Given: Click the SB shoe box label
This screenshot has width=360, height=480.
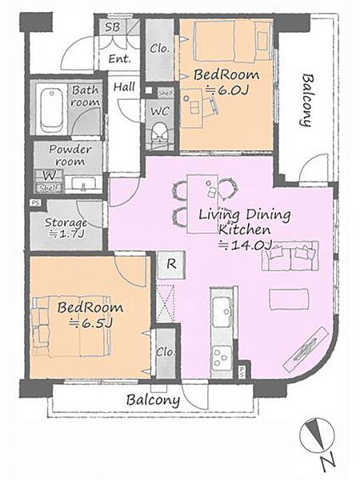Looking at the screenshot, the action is pos(112,27).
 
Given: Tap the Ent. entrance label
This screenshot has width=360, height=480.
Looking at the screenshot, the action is pos(120,58).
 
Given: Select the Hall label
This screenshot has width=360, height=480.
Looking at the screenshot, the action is pos(124,87).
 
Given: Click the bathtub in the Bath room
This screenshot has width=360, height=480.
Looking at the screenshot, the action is pos(51,109).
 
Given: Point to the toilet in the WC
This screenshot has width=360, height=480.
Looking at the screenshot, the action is pos(160,134).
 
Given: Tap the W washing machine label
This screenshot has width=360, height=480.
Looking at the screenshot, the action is pos(49,175).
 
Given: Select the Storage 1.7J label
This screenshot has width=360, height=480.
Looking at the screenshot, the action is pos(66,228).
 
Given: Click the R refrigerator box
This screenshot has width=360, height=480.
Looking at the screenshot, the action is pos(171,265).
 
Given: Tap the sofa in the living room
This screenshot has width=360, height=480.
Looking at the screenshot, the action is pos(290,256).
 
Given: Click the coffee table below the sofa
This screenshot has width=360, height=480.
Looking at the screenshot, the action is pos(288,299).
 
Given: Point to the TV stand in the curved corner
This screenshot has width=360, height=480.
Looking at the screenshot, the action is pos(306,350).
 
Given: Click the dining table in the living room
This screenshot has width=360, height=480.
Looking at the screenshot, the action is pos(202,204).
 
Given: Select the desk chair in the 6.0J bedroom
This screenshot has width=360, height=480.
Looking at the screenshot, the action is pos(211,106).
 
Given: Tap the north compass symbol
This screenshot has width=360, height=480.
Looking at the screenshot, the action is pos(317,436).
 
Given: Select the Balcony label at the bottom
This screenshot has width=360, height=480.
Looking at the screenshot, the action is pos(153,400).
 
